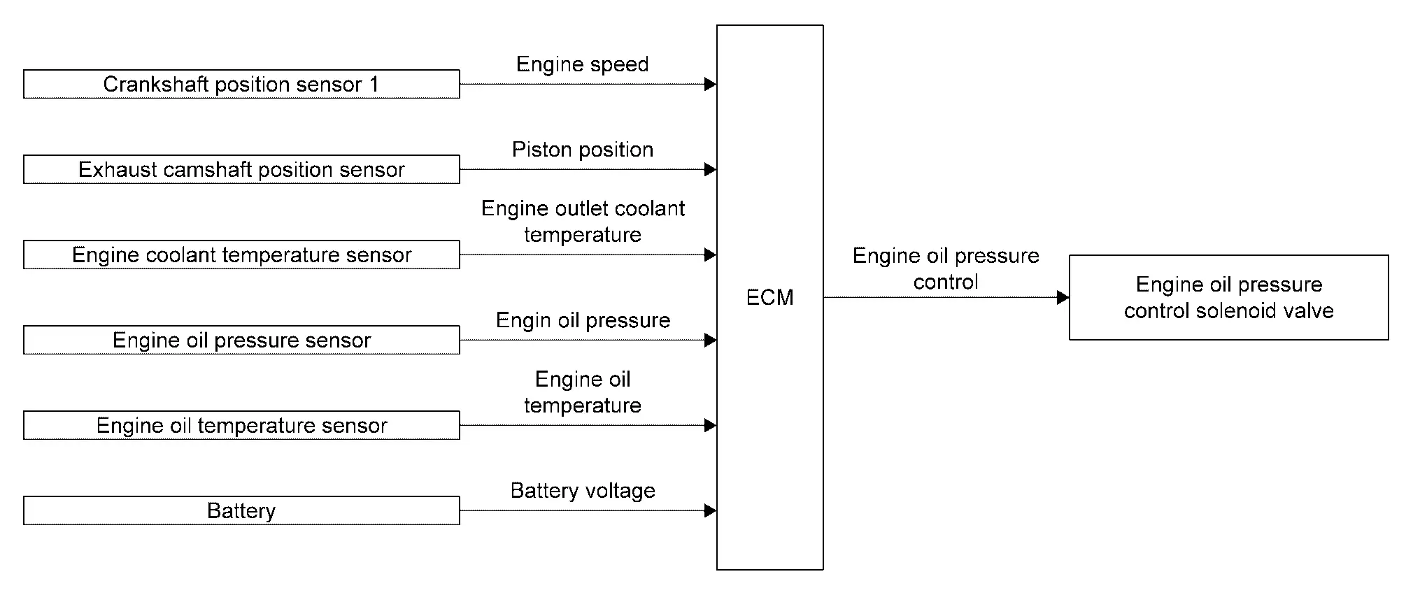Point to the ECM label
tap(769, 298)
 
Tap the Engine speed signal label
tap(582, 64)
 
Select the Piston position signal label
tap(582, 150)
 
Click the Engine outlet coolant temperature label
tap(583, 221)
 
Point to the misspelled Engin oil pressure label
tap(583, 320)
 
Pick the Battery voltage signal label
tap(583, 491)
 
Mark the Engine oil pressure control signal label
tap(946, 268)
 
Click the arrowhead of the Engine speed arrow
tap(711, 84)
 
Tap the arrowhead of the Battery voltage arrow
tap(711, 510)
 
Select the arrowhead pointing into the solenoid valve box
tap(1063, 297)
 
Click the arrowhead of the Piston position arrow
tap(711, 169)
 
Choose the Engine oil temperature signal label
tap(583, 392)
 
